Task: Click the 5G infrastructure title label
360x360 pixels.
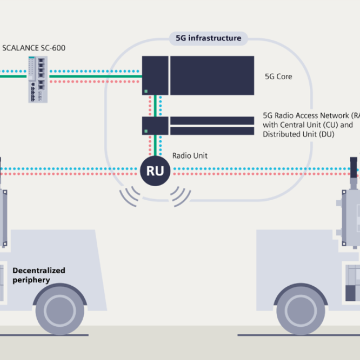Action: click(x=208, y=38)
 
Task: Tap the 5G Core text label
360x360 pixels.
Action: click(x=278, y=76)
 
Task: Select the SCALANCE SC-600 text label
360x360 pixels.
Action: click(x=33, y=48)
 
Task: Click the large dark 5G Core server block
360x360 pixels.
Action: click(x=212, y=75)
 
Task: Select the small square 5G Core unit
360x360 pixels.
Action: click(x=155, y=75)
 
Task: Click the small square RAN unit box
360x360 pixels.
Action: click(x=155, y=125)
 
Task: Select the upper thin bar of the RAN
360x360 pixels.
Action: click(x=212, y=120)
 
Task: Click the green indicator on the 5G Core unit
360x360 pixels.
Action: click(x=146, y=91)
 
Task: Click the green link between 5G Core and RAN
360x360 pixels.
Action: click(x=155, y=105)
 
